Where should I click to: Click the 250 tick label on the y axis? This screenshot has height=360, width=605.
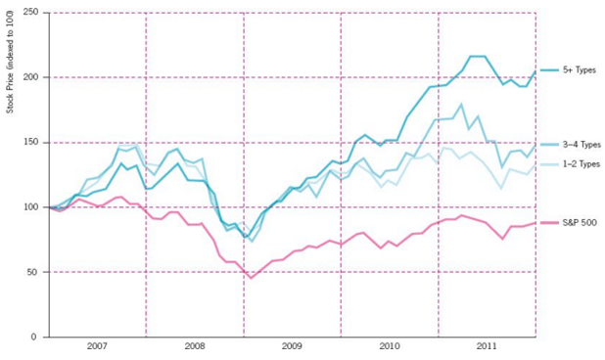click(30, 13)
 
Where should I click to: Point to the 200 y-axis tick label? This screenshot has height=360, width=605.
click(30, 77)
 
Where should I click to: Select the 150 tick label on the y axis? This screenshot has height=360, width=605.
click(30, 143)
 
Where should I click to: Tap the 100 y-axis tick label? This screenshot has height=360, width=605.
click(30, 207)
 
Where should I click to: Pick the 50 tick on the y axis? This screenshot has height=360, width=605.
click(33, 272)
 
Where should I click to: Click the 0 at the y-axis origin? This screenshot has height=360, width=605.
click(35, 337)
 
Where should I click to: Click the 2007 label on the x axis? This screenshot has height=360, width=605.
click(96, 348)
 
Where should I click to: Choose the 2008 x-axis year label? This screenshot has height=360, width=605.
click(194, 348)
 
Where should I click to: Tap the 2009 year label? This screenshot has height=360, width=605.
click(292, 348)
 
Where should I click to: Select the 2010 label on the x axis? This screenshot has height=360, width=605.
click(390, 348)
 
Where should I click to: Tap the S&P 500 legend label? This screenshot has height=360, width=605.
click(579, 223)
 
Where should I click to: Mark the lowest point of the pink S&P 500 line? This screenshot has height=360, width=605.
click(252, 278)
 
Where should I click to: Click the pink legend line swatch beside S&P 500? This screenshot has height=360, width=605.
click(549, 223)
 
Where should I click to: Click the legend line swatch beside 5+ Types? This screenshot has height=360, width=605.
click(549, 71)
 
